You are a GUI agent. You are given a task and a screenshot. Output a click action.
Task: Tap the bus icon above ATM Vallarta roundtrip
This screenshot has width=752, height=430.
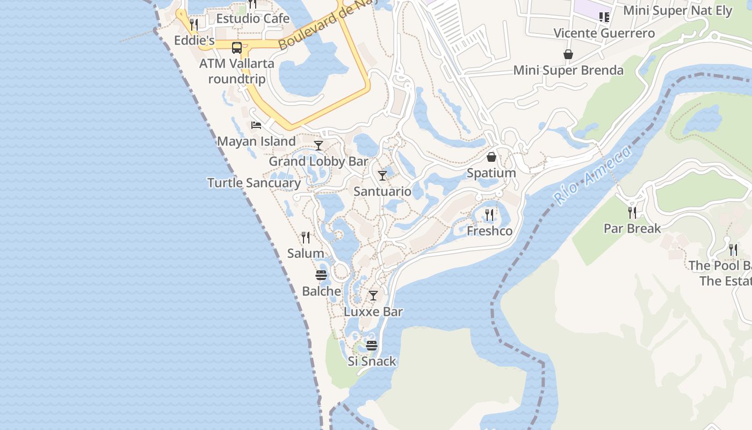tap(237, 47)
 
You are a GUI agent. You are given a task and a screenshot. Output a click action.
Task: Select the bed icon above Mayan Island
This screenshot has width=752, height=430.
tap(256, 125)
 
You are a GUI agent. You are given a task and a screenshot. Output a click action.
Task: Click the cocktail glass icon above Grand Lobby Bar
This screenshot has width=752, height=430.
tap(319, 145)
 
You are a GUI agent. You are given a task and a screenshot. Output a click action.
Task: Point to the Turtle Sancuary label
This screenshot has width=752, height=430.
tap(254, 183)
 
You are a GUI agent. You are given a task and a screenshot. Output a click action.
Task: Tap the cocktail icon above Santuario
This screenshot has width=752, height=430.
tap(382, 175)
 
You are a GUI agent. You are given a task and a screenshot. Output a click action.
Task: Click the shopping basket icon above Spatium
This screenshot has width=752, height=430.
tap(491, 157)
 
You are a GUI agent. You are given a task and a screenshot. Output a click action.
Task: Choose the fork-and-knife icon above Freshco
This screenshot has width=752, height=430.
tap(489, 215)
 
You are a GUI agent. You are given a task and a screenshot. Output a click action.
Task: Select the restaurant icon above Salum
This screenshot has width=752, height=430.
tap(306, 237)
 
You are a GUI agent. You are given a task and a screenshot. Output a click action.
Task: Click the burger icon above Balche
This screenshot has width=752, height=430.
tap(321, 275)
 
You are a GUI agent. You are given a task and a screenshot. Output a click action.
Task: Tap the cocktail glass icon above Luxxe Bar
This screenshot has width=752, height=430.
tap(373, 296)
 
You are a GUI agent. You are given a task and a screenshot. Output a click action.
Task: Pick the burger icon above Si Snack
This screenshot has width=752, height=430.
tap(372, 345)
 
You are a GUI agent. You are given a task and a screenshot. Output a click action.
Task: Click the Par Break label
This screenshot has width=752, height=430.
tap(632, 228)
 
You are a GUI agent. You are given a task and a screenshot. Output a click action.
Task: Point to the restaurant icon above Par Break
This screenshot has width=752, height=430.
tap(632, 212)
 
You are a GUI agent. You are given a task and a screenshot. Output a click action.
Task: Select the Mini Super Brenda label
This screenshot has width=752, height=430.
tap(568, 70)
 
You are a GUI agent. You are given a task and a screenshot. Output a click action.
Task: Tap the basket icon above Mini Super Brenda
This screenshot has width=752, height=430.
tap(568, 54)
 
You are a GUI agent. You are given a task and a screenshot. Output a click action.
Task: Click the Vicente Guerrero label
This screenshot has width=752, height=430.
tap(604, 33)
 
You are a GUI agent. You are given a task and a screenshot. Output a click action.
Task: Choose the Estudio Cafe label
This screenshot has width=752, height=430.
tap(252, 19)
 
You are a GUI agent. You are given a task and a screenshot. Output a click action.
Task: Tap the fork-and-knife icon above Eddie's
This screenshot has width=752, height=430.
tap(194, 24)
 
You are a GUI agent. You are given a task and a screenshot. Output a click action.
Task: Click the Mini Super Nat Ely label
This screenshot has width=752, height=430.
tap(678, 11)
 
